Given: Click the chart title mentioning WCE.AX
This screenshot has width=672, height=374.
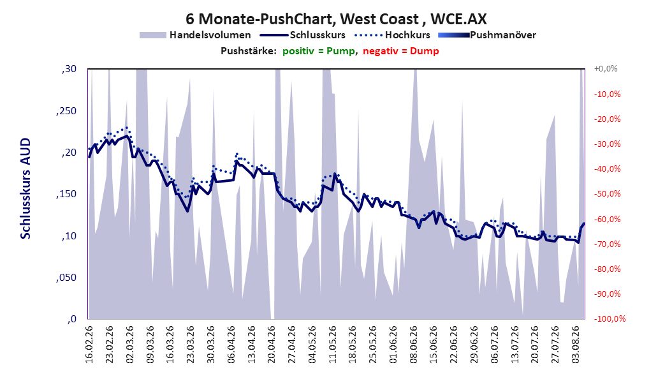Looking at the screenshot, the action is (x=336, y=19).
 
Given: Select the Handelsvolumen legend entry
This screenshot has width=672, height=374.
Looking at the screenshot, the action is (x=196, y=35).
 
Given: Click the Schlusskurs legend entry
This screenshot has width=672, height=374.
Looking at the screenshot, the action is (x=303, y=35).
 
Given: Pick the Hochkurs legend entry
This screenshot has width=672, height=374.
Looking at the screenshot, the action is (x=392, y=35).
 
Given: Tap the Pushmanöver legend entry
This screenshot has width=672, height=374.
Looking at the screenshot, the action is (x=487, y=35).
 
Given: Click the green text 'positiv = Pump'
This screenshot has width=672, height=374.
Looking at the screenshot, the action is (x=319, y=51).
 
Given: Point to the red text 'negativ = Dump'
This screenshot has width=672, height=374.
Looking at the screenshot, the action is (x=401, y=51).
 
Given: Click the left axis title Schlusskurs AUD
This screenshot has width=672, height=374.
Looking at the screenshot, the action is (x=26, y=188).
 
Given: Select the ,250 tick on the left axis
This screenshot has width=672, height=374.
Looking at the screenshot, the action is (x=66, y=111).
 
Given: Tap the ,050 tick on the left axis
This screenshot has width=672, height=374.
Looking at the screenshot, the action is (x=66, y=278).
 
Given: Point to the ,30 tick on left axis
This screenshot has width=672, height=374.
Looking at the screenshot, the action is (x=69, y=69).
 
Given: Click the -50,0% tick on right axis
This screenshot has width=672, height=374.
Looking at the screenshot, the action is (x=607, y=194).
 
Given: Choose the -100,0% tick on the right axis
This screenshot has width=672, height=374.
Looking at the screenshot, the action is (x=610, y=318).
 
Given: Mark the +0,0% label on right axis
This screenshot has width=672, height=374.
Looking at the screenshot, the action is (x=606, y=69).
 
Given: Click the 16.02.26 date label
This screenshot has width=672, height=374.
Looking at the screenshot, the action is (x=89, y=345).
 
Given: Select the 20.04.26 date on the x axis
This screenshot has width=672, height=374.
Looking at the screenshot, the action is (x=271, y=345).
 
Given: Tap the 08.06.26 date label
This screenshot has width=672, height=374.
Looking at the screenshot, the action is (x=413, y=345).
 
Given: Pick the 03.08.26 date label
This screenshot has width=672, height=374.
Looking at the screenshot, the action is (x=575, y=345).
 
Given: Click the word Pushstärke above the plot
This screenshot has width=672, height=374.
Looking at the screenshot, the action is (x=248, y=51).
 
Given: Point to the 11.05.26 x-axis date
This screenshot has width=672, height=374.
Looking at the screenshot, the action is (x=332, y=345).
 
